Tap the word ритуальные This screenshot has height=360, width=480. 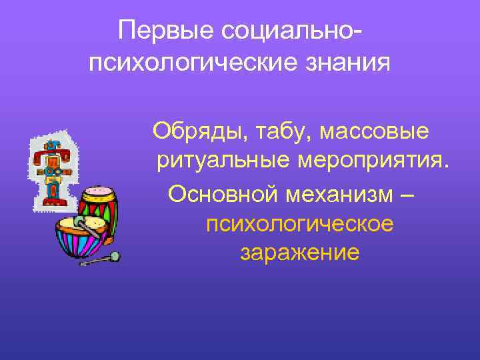pos(223,161)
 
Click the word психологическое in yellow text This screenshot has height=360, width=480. pos(299,223)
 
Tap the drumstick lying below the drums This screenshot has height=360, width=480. pos(100,259)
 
